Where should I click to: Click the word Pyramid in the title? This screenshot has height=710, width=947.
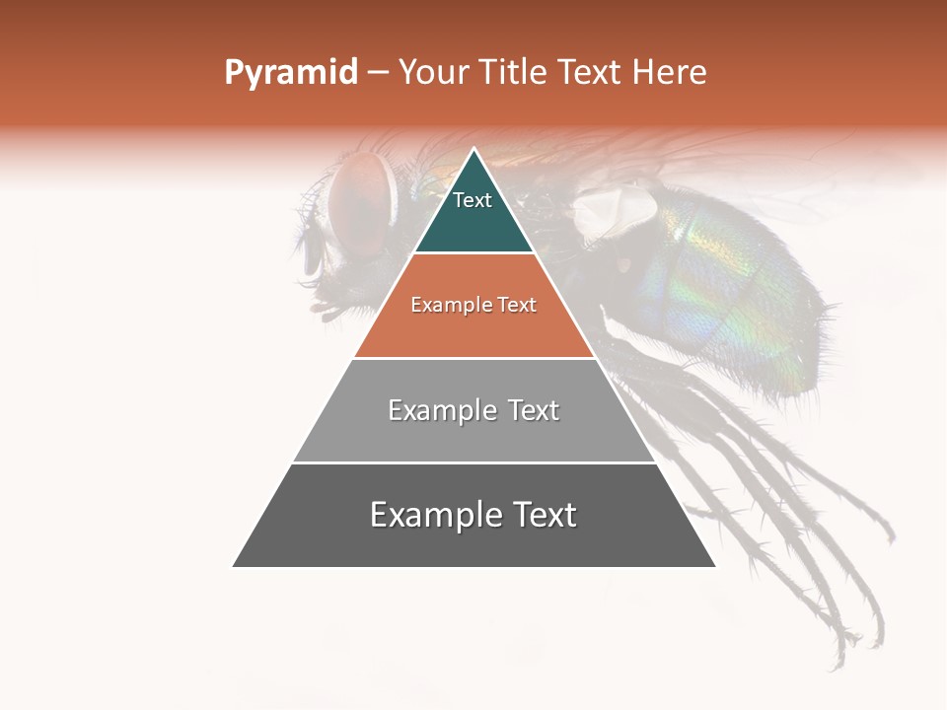coord(291,73)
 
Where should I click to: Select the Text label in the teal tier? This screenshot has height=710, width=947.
coord(473,200)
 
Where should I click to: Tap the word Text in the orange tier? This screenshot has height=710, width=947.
coord(517,306)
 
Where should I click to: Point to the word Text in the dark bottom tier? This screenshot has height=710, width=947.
coord(540,515)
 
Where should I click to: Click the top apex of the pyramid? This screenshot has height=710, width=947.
coord(473,150)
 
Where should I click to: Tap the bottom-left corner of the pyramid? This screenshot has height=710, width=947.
coord(234,566)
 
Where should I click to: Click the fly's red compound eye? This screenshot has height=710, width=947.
coord(357,201)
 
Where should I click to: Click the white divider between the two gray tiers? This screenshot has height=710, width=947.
coord(473,462)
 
